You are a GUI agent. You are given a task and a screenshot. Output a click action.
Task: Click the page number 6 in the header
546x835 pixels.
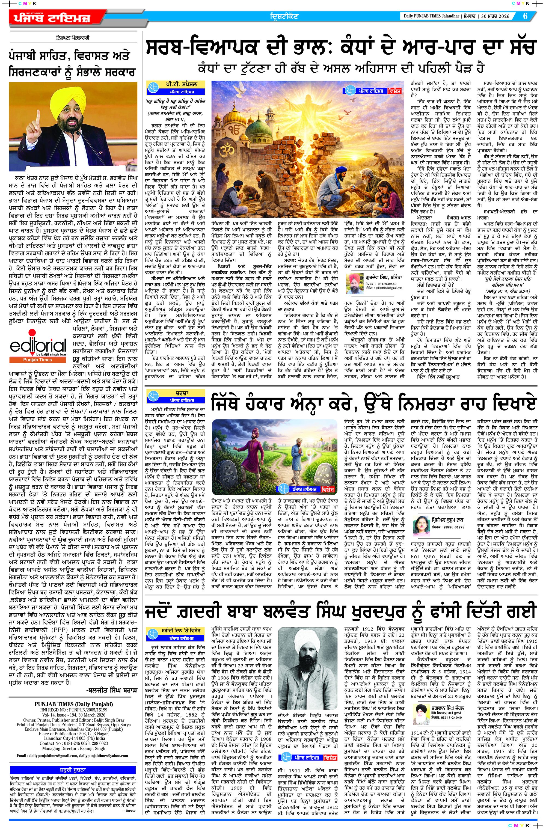pos(525,16)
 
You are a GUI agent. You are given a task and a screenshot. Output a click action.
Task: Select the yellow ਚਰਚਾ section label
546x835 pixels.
pos(175,394)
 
